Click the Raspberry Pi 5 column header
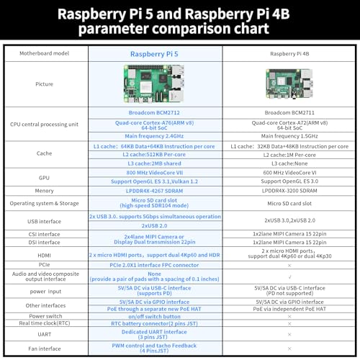point(154,54)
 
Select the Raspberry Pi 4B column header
point(289,54)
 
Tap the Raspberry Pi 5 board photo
point(154,84)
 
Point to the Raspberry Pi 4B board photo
point(289,84)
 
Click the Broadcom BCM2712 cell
point(154,112)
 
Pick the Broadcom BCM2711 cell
point(289,112)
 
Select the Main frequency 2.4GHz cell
point(154,136)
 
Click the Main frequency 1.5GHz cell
point(289,136)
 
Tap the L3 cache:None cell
point(289,163)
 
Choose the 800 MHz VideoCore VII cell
point(155,173)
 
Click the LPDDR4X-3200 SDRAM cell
point(289,191)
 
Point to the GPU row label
point(44,178)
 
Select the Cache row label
point(44,153)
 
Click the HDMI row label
point(44,256)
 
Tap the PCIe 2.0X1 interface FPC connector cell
point(154,265)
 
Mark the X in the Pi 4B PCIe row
point(289,266)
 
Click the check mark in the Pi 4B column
point(289,277)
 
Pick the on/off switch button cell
point(154,317)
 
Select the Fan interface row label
point(45,348)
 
